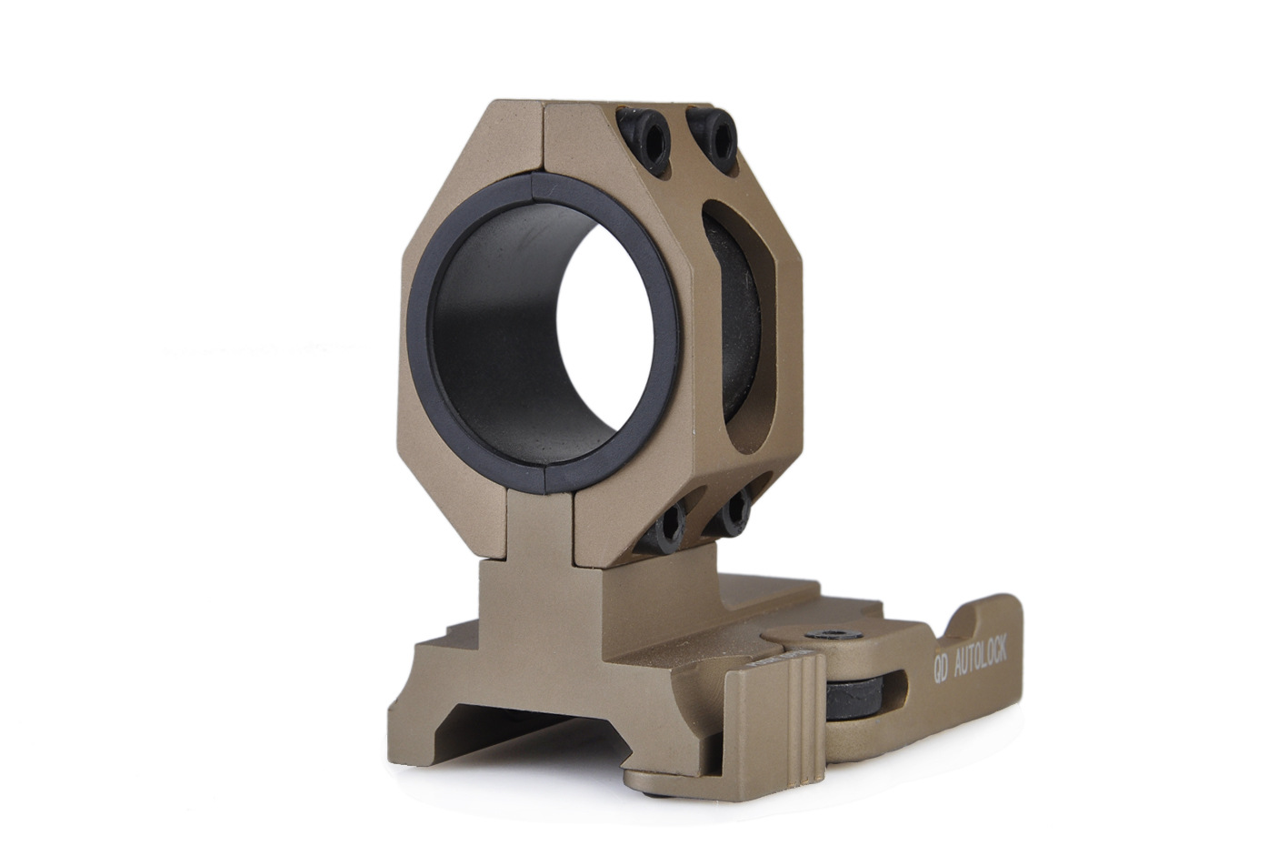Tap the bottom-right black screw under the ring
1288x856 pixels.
(x=733, y=516)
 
